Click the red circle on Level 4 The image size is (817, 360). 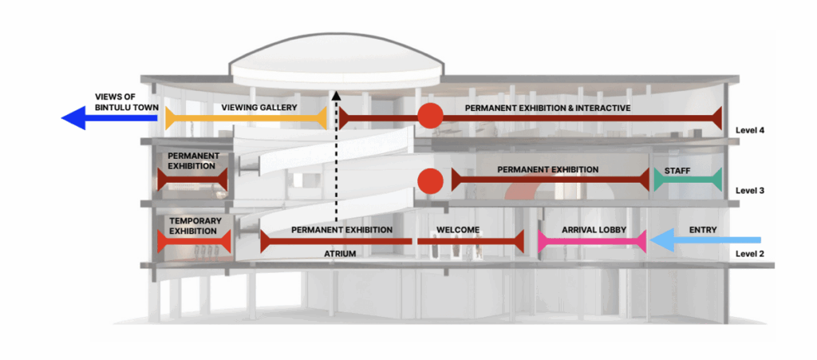(x=430, y=117)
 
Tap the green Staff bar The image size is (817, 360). (x=688, y=180)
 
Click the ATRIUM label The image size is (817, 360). (x=340, y=253)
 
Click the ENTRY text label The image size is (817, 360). (x=702, y=230)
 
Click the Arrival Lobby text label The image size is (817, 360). (x=593, y=230)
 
